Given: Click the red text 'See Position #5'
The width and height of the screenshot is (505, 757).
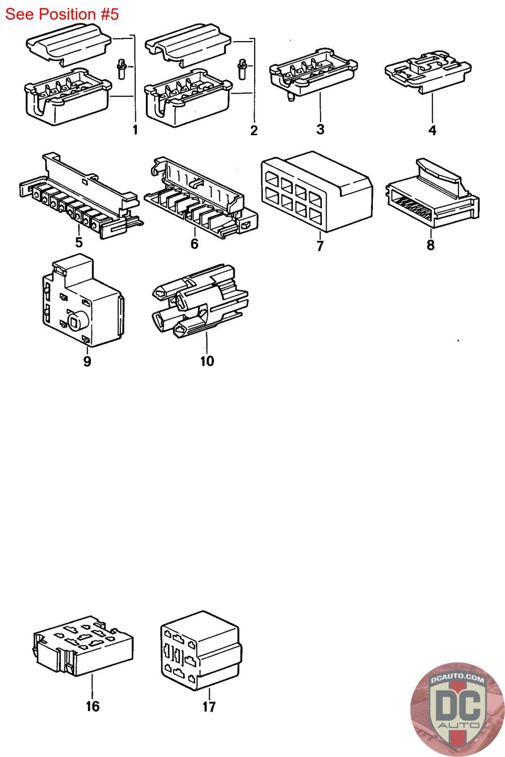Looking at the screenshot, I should (62, 14).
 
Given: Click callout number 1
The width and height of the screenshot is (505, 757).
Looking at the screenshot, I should (135, 130).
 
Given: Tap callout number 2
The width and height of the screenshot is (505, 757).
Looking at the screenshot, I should (254, 130).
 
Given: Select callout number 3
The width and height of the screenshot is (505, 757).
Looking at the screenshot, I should (320, 129).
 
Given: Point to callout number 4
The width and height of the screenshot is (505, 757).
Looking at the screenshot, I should (432, 130).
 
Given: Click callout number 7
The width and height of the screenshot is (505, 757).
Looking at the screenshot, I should (320, 246).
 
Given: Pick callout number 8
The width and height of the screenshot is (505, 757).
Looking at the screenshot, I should (430, 245).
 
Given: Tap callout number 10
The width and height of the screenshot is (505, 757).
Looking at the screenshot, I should (207, 361).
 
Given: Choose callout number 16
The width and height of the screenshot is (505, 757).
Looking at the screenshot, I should (92, 706).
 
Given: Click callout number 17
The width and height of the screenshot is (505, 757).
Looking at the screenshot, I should (209, 707).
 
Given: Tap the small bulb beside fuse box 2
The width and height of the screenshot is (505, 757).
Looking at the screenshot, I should (242, 69).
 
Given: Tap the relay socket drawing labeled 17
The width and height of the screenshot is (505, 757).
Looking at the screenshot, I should (200, 649).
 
